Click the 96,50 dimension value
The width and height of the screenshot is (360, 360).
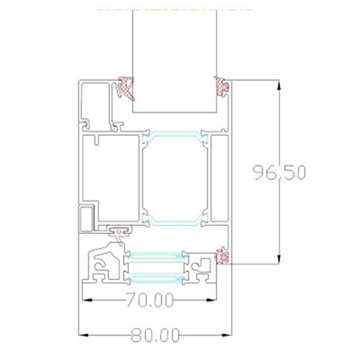279,173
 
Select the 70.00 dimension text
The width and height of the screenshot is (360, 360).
149,300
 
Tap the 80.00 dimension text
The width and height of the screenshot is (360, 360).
156,335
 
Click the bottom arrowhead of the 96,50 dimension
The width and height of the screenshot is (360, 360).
279,259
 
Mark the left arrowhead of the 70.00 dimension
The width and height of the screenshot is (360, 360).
87,300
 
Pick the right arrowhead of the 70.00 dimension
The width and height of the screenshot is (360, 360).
211,300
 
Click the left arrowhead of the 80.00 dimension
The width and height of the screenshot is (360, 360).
84,335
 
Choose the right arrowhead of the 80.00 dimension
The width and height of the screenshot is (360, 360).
227,335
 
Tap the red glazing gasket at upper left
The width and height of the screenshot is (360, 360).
127,88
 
